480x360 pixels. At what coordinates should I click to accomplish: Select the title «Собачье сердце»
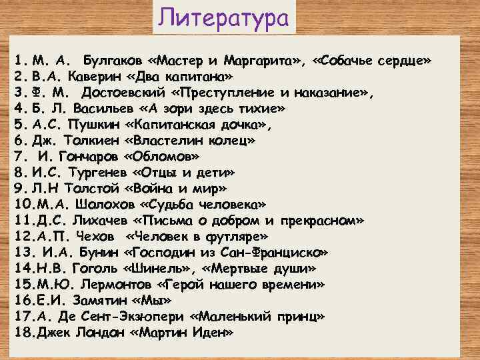378,62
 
